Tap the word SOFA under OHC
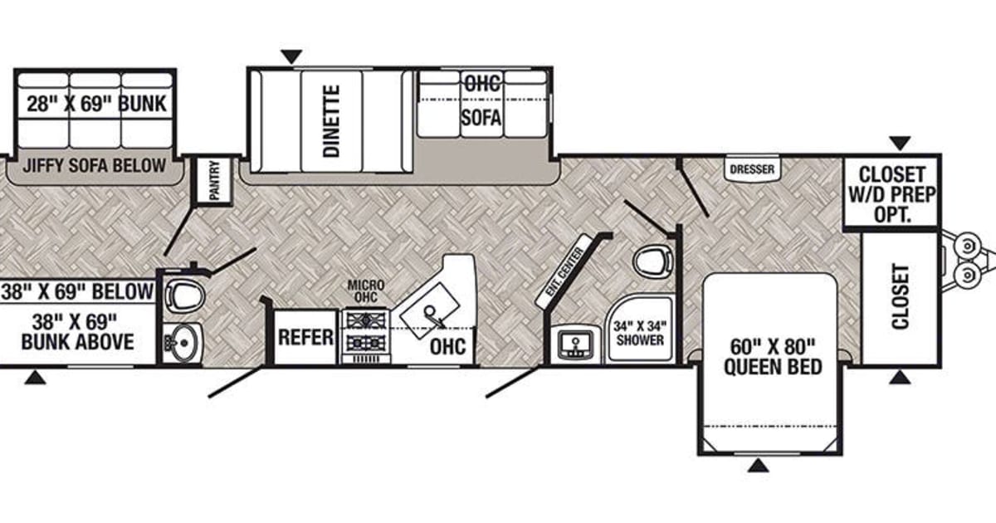click(x=481, y=118)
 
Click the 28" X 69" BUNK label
click(x=95, y=104)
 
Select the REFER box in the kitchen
click(x=305, y=337)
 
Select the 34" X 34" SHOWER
click(x=640, y=332)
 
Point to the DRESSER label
click(x=752, y=169)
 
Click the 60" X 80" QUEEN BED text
click(x=773, y=355)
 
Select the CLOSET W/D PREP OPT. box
click(x=891, y=191)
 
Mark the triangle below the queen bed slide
click(x=757, y=466)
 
